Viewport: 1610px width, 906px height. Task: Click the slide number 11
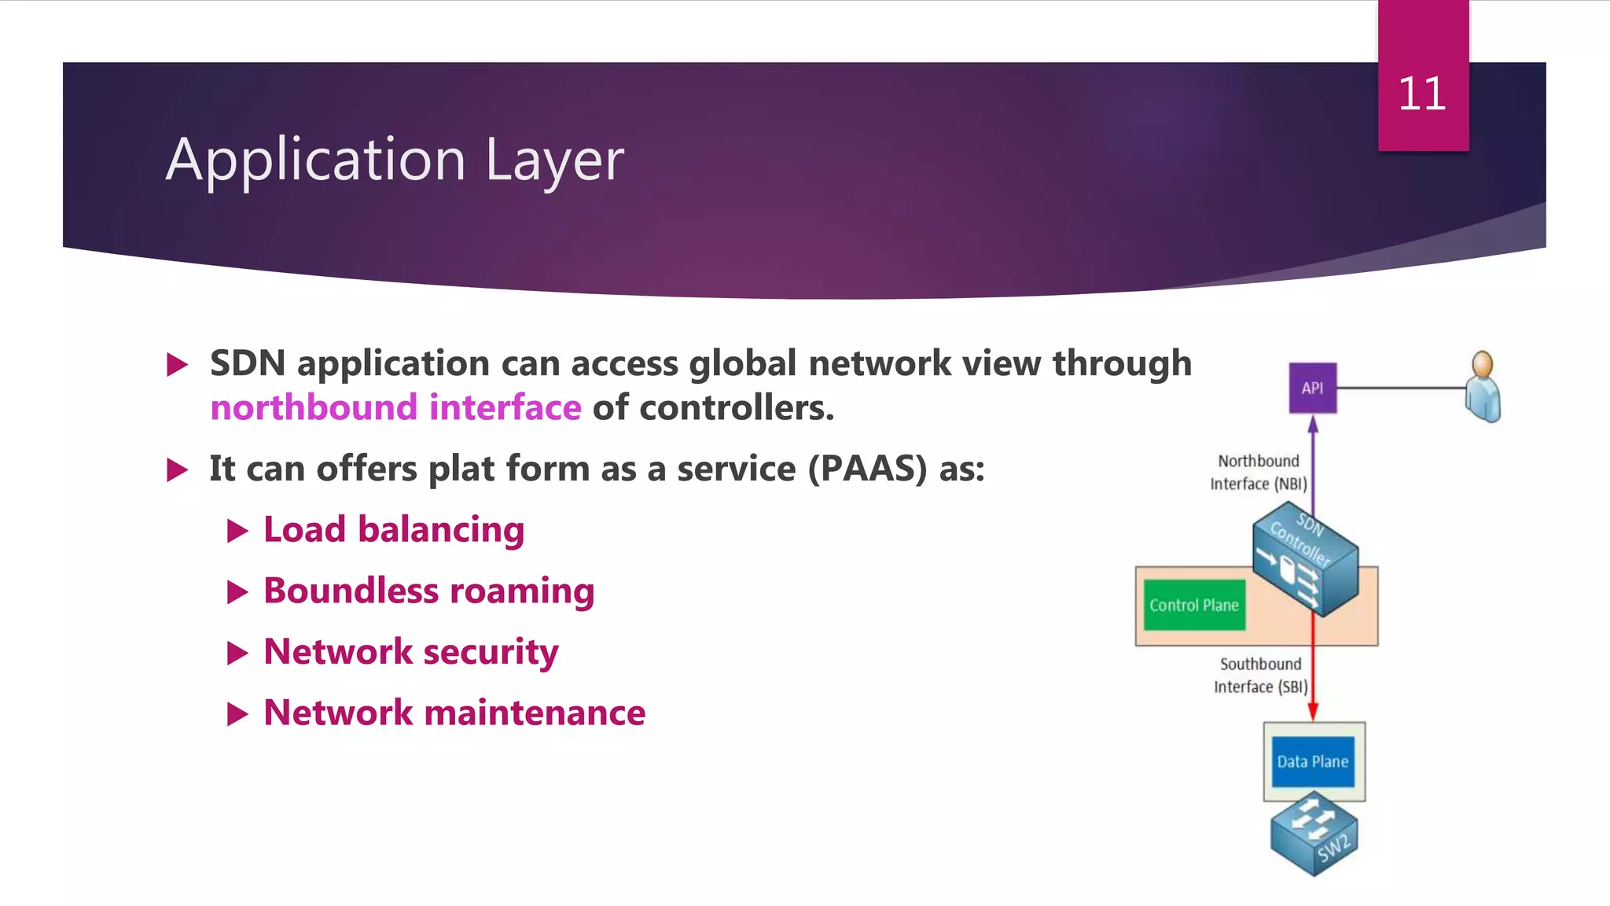point(1421,94)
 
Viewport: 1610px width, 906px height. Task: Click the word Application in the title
point(316,160)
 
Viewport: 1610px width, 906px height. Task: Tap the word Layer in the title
point(554,160)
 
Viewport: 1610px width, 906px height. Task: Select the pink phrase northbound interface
point(395,408)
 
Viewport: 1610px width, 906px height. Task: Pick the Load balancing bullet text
point(394,529)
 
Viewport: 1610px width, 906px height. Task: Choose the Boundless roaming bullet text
point(428,591)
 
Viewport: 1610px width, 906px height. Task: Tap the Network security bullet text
point(410,652)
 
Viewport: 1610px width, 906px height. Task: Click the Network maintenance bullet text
point(454,713)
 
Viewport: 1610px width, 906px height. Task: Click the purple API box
point(1312,388)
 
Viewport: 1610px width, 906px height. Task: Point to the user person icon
point(1483,387)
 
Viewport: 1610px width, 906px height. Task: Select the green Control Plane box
point(1193,605)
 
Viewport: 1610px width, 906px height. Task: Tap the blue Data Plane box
point(1312,761)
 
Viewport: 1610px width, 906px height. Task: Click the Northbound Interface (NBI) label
point(1258,473)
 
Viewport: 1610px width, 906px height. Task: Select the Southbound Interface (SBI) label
point(1260,676)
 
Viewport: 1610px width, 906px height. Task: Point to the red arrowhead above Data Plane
point(1313,712)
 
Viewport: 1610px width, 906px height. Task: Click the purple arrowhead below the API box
point(1313,425)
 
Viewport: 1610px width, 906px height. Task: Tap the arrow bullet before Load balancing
point(237,531)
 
